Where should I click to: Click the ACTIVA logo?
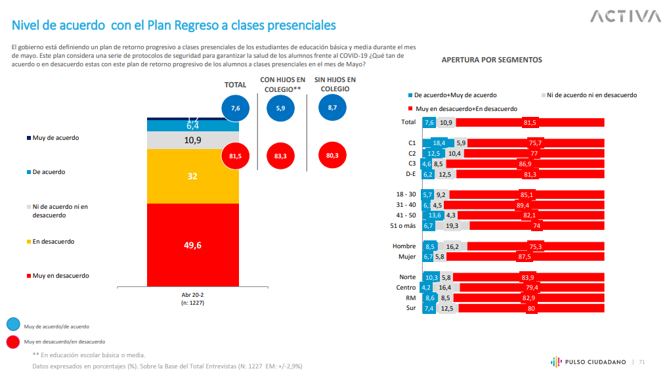pyautogui.click(x=625, y=16)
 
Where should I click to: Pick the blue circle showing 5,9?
pyautogui.click(x=280, y=108)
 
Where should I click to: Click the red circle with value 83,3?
pyautogui.click(x=280, y=156)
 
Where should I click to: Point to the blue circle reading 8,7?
pyautogui.click(x=332, y=108)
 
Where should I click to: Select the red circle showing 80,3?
pyautogui.click(x=332, y=156)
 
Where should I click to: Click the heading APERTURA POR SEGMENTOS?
pyautogui.click(x=491, y=60)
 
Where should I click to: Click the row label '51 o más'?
pyautogui.click(x=403, y=226)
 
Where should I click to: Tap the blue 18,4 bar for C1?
pyautogui.click(x=438, y=143)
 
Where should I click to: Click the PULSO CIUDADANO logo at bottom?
pyautogui.click(x=588, y=361)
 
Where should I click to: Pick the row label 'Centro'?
pyautogui.click(x=406, y=287)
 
